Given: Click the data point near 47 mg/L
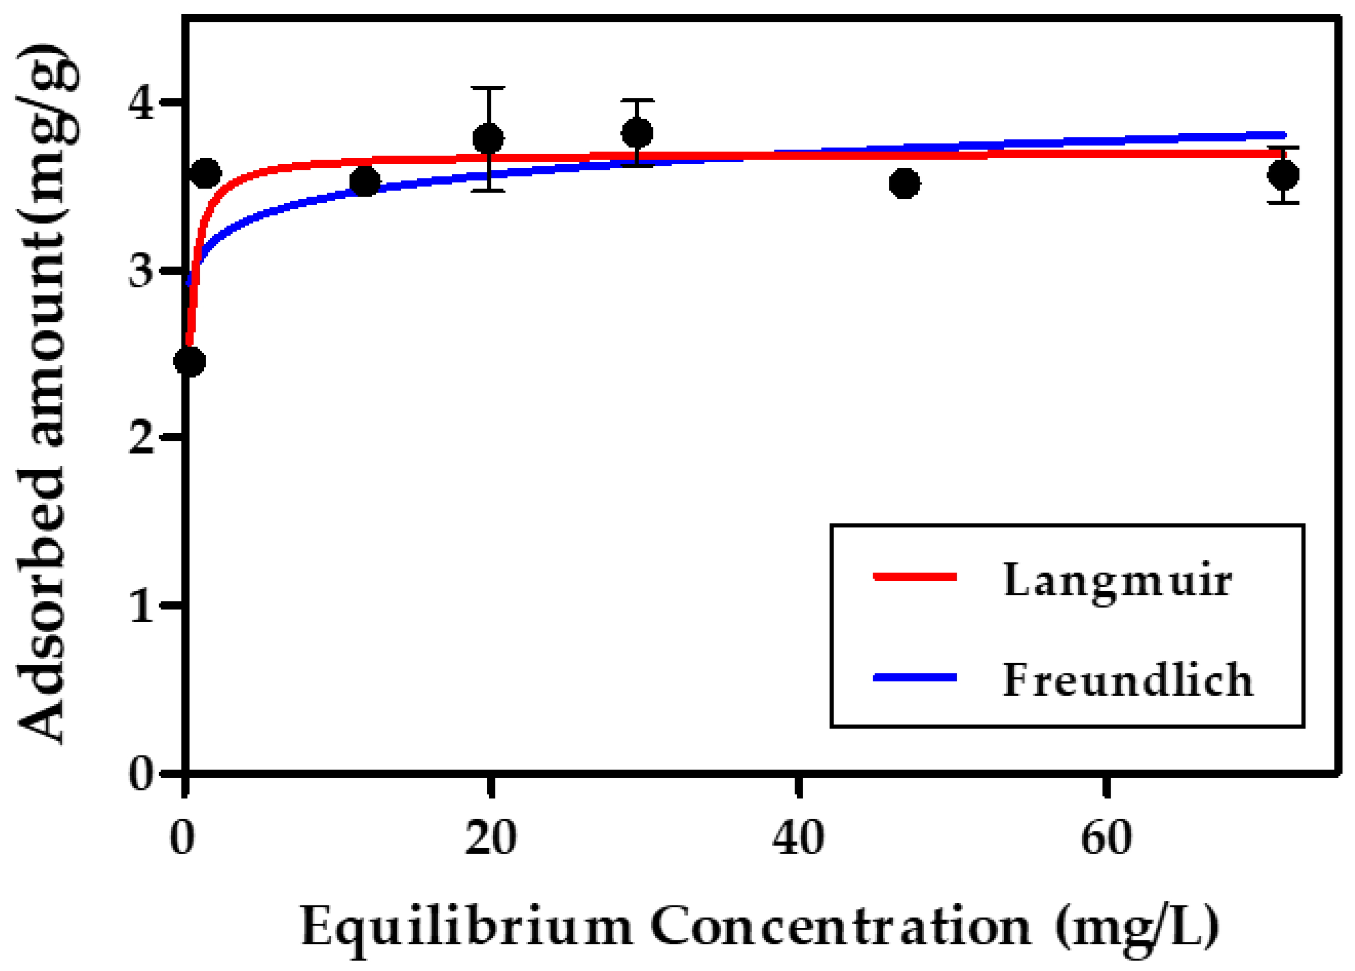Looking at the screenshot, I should pyautogui.click(x=905, y=183).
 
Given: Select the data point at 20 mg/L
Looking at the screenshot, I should pyautogui.click(x=488, y=139).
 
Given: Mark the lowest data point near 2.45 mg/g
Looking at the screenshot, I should pyautogui.click(x=189, y=361).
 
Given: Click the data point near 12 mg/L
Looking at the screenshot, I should pyautogui.click(x=364, y=181).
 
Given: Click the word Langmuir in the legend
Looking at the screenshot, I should pyautogui.click(x=1117, y=582).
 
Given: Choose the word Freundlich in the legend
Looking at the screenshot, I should pyautogui.click(x=1127, y=680).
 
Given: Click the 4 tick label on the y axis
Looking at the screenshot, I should pyautogui.click(x=142, y=103).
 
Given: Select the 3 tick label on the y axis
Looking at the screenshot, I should pyautogui.click(x=142, y=272).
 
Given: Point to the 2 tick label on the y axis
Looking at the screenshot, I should pyautogui.click(x=142, y=439).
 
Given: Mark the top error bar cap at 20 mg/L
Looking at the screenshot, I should pyautogui.click(x=489, y=88).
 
